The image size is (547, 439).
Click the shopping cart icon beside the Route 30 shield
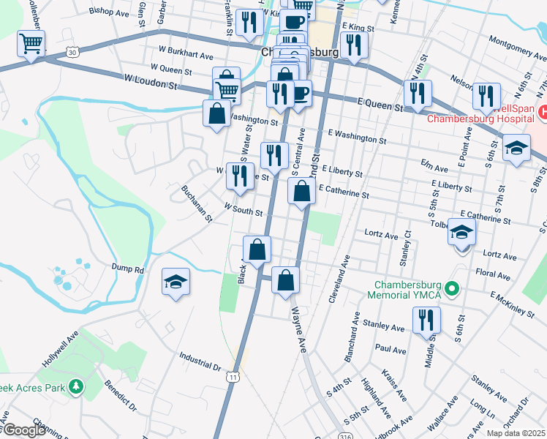click(x=31, y=44)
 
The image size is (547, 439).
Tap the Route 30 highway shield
click(x=71, y=52)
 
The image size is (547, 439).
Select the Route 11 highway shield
click(x=233, y=376)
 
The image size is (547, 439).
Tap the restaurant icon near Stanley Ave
click(x=426, y=320)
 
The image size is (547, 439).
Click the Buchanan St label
click(x=197, y=203)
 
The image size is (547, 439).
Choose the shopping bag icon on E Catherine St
click(x=301, y=192)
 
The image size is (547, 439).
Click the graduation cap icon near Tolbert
click(x=461, y=233)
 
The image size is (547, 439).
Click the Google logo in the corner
click(x=23, y=430)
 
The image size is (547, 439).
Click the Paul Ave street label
click(x=390, y=350)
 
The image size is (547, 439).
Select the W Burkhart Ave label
click(x=186, y=56)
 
